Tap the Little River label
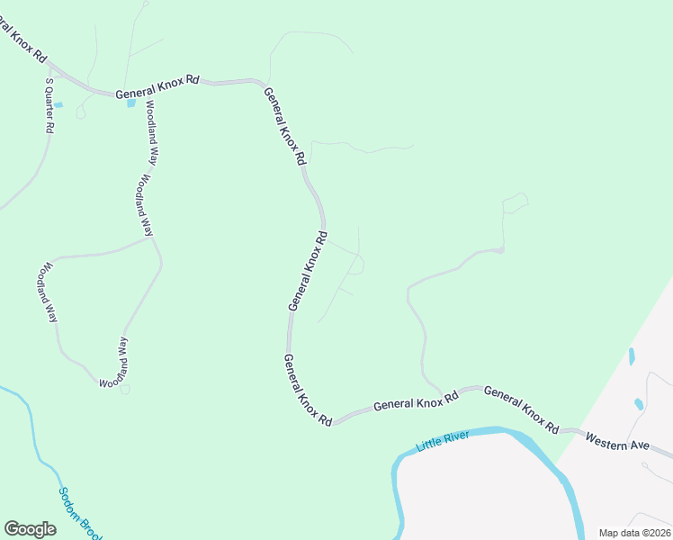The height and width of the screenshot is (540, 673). click(x=444, y=441)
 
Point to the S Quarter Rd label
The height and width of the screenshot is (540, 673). click(x=49, y=105)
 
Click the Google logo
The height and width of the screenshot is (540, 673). click(x=30, y=529)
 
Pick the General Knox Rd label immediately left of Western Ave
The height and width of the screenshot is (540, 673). click(x=521, y=409)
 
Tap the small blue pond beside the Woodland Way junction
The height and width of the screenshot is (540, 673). click(x=131, y=103)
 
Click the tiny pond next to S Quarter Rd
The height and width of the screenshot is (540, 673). click(x=58, y=105)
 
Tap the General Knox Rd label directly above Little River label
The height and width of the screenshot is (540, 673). click(x=416, y=403)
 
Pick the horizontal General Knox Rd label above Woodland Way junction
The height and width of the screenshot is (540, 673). click(x=157, y=86)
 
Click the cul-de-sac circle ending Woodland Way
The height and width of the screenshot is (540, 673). click(x=125, y=389)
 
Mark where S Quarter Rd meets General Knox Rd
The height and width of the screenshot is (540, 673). click(x=50, y=67)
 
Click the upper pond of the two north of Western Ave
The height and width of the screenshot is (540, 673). click(x=632, y=356)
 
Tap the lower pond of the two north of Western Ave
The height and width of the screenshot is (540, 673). click(x=639, y=404)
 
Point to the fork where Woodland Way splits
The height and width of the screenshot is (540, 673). click(x=153, y=238)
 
